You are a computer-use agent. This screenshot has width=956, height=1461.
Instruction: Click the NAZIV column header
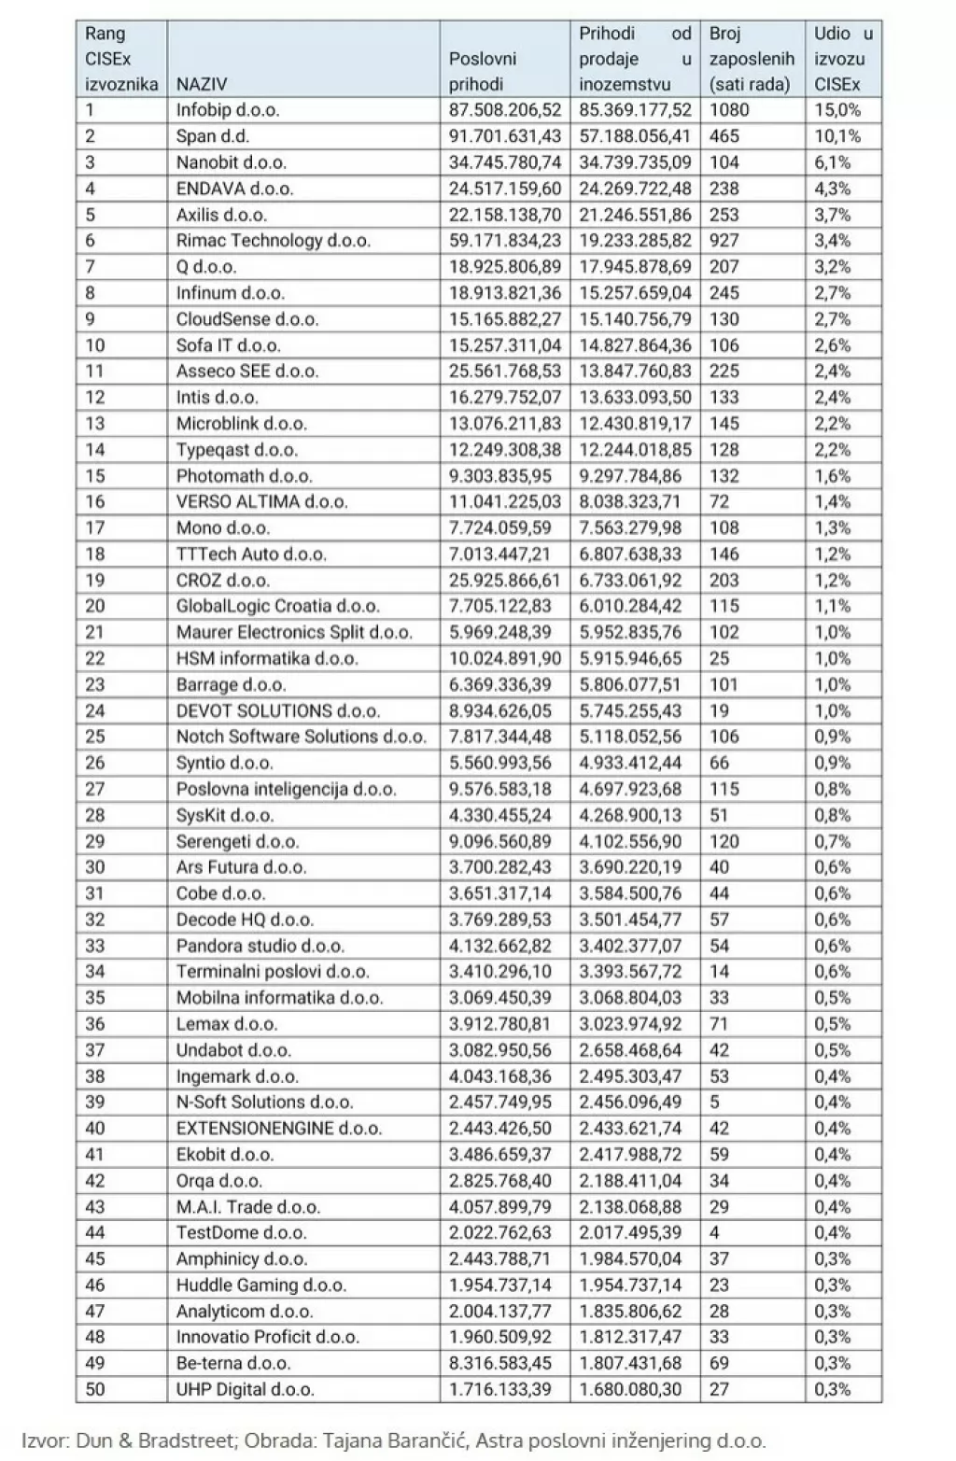click(203, 84)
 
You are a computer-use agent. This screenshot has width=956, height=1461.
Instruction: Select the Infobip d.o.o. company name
click(228, 110)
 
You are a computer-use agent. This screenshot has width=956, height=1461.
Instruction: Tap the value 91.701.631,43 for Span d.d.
click(505, 136)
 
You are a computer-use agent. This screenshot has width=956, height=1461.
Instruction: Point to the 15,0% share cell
click(837, 110)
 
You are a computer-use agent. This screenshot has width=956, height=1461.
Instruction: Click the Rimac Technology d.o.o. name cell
click(273, 241)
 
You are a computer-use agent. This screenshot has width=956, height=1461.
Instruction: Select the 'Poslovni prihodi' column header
click(483, 71)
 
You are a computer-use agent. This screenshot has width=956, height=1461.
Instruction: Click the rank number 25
click(95, 737)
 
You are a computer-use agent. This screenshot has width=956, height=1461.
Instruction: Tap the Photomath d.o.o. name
click(244, 476)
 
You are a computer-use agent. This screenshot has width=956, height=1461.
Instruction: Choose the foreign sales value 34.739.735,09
click(635, 162)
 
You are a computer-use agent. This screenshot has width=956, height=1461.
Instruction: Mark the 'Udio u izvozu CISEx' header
click(843, 59)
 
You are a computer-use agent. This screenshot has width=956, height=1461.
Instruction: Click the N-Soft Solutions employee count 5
click(714, 1102)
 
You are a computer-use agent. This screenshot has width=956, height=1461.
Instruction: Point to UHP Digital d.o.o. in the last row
click(245, 1389)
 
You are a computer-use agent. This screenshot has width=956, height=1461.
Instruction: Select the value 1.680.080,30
click(630, 1389)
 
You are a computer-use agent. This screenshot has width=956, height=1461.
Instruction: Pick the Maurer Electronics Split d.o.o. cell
click(294, 632)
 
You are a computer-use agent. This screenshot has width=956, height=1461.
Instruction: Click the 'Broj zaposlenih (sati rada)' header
click(751, 59)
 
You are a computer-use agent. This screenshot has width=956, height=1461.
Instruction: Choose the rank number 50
click(95, 1389)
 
